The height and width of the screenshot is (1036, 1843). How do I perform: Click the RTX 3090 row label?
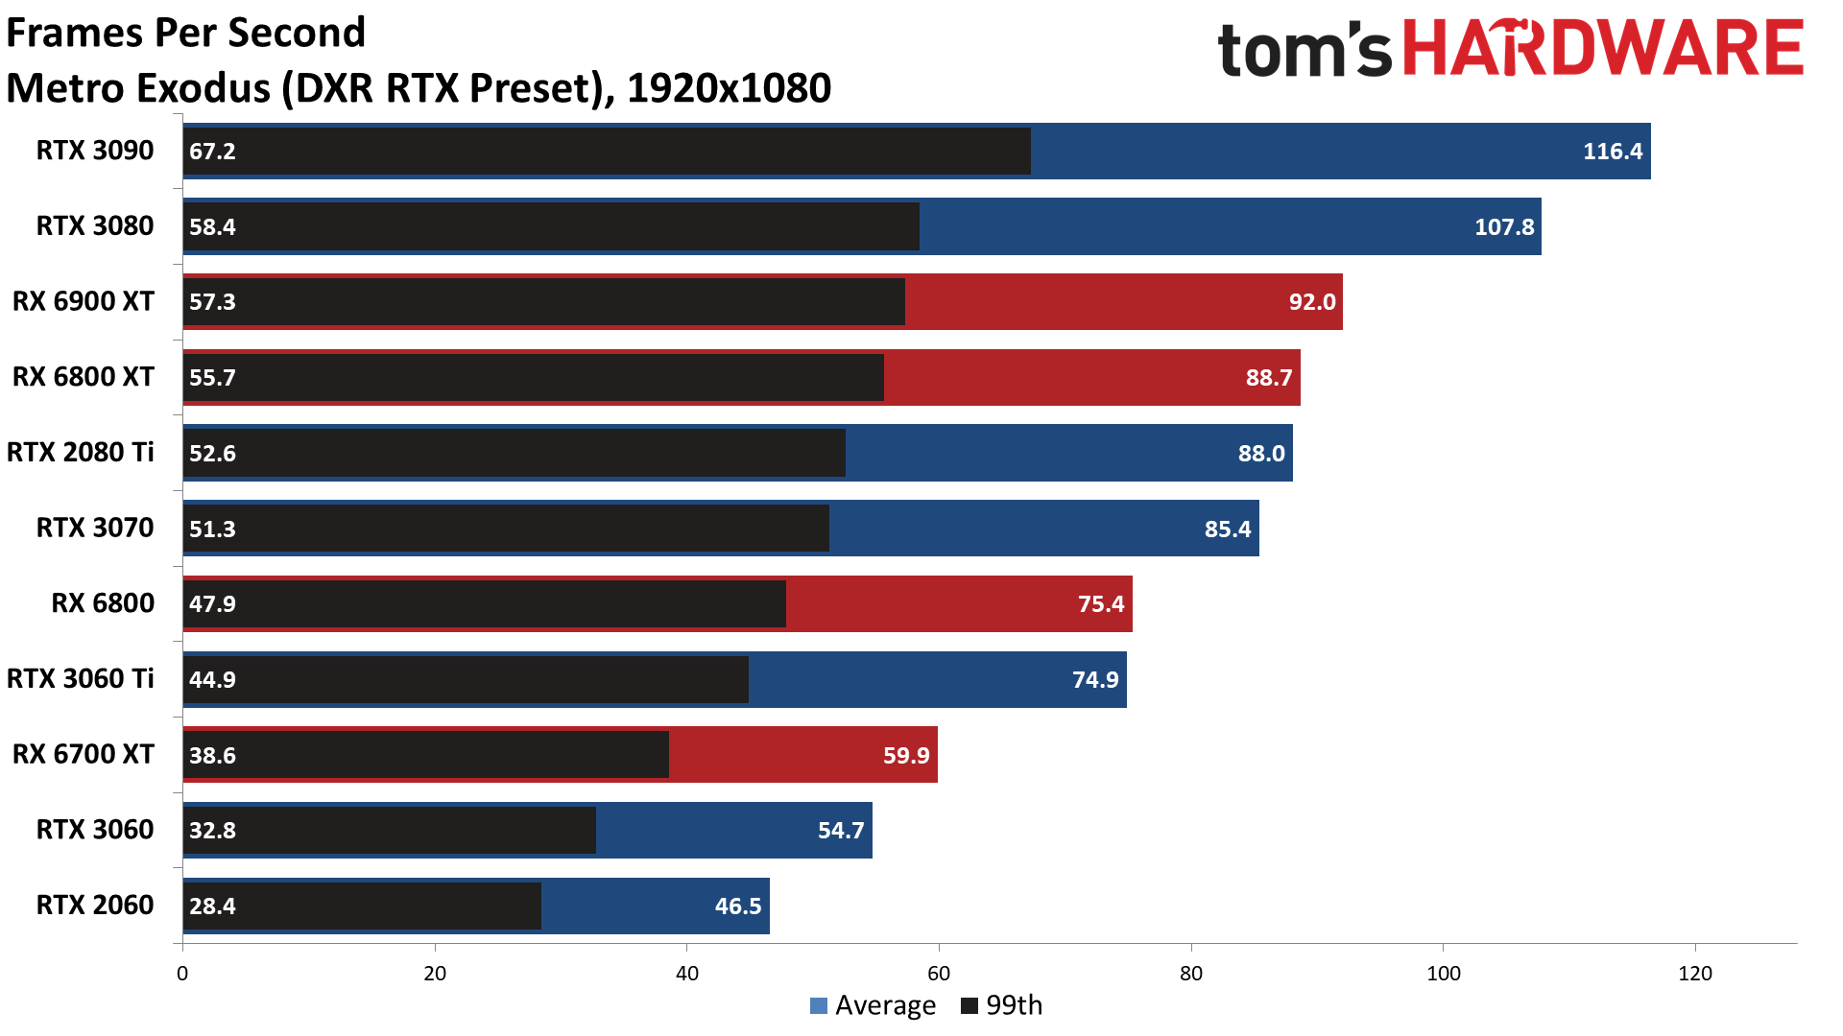point(94,151)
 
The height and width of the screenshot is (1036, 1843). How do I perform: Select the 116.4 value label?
point(1612,151)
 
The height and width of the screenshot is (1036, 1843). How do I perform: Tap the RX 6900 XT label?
point(83,301)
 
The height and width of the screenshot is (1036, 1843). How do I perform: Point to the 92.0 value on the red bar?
point(1311,302)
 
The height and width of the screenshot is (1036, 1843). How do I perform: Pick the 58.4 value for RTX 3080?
point(212,226)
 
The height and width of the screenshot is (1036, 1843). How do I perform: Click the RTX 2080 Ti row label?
point(80,452)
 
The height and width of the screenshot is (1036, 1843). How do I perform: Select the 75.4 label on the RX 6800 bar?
point(1100,603)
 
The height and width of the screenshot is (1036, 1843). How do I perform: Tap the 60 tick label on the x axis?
point(939,974)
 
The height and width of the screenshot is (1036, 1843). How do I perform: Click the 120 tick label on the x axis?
point(1695,974)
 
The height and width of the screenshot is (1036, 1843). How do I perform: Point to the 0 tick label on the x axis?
point(182,974)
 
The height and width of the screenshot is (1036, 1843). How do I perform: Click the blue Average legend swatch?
point(819,1005)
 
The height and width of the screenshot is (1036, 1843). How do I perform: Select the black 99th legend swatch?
point(969,1005)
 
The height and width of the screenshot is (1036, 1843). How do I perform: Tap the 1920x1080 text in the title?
point(729,88)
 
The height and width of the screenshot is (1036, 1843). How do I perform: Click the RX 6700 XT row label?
point(83,754)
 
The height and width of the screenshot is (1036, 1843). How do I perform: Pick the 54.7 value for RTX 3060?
point(841,830)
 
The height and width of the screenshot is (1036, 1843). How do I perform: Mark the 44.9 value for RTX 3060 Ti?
point(212,679)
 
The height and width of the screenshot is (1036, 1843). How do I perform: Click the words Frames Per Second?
point(186,33)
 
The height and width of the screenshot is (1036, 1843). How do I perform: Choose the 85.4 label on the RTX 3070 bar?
point(1227,529)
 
